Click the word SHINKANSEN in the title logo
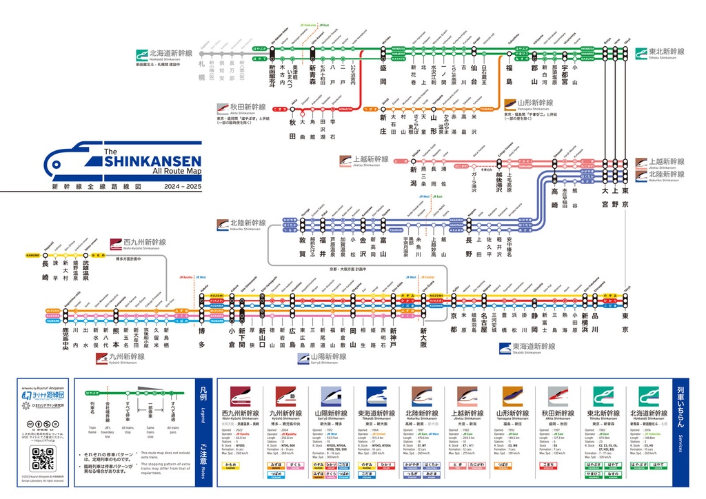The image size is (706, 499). [152, 161]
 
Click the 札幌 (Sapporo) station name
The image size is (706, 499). [202, 70]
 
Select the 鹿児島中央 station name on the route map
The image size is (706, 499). [65, 340]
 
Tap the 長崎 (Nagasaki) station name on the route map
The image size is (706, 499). [46, 271]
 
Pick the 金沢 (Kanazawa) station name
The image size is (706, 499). [363, 245]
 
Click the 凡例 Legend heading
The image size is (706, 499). [202, 398]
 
